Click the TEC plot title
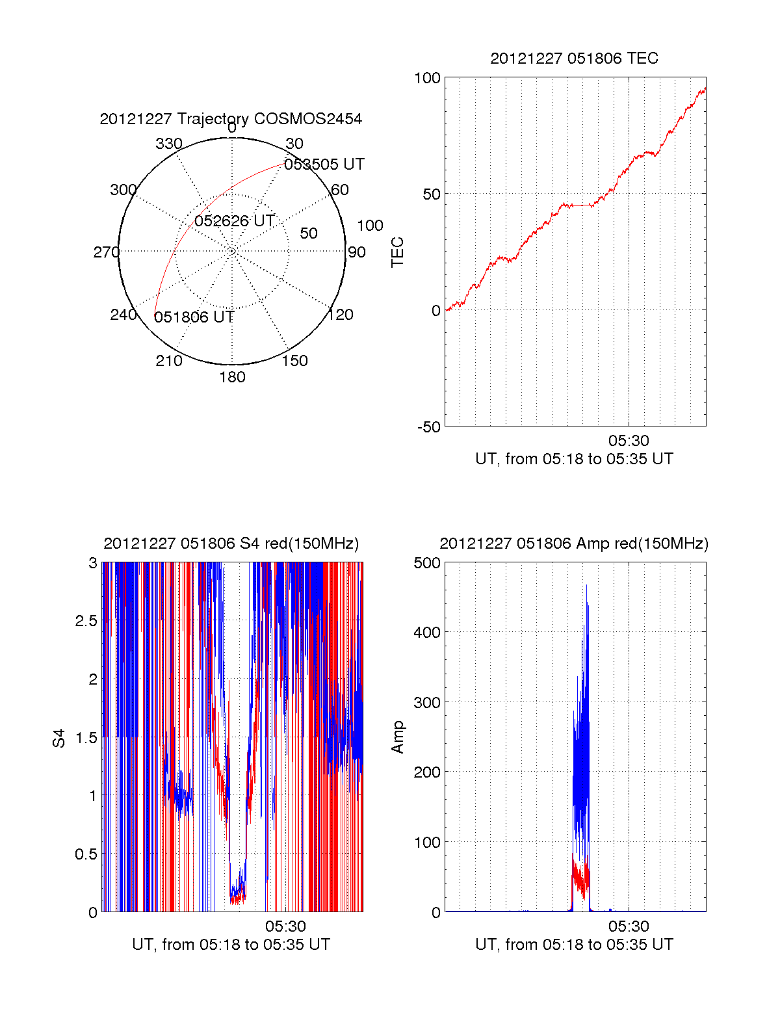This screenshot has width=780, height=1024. coord(574,59)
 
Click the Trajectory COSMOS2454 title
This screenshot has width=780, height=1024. coord(231,119)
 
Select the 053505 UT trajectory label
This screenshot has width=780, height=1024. coord(324,164)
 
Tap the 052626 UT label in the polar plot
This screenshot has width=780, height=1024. coord(235,221)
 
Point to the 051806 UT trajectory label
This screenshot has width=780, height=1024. coord(194,317)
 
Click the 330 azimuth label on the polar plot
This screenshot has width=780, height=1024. coord(169,144)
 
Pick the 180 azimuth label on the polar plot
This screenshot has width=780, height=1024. coord(232,377)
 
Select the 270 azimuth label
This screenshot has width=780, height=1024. coord(106,252)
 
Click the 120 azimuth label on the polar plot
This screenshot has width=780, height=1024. coord(341,315)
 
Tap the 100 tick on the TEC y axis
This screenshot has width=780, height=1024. coord(427,78)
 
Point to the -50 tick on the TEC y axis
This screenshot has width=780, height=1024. coord(429,427)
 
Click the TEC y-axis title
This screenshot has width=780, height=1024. coord(397,252)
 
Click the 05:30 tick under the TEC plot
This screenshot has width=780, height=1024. coord(629,441)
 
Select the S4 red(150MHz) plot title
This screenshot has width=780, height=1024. coord(231,544)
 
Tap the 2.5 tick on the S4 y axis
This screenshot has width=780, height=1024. coord(86,621)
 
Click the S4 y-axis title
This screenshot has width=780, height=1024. coord(59,738)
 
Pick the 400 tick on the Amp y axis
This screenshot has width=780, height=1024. coord(427,632)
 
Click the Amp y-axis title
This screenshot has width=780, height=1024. coord(397,737)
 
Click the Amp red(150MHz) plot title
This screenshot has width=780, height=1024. coord(574,544)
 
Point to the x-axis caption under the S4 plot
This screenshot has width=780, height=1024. coord(231,945)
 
